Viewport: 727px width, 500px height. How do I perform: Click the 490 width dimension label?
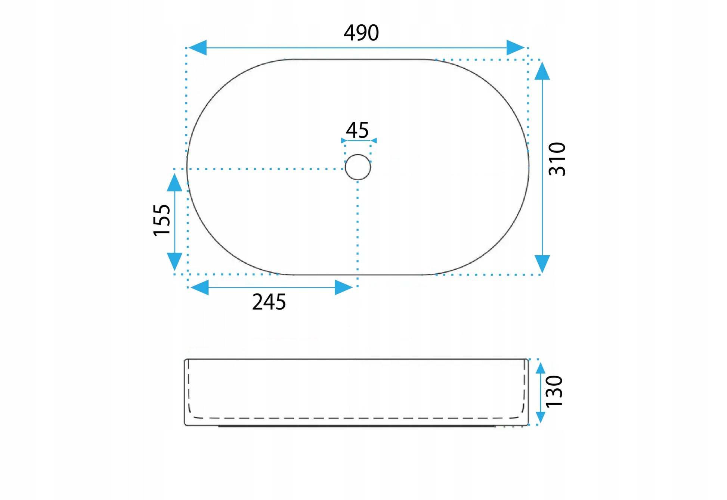coord(361,33)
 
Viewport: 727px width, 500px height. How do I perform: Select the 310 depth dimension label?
coord(557,159)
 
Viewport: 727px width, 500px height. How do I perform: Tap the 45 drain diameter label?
coord(357,130)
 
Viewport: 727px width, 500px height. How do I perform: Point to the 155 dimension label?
coord(162,220)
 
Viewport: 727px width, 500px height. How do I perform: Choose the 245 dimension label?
coord(269,302)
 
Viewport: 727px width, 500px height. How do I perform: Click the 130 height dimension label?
coord(554,391)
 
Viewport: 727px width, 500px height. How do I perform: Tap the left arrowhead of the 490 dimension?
coord(197,48)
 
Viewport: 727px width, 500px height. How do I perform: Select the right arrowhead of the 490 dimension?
coord(516,48)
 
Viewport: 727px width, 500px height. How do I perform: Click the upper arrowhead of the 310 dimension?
coord(542,71)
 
